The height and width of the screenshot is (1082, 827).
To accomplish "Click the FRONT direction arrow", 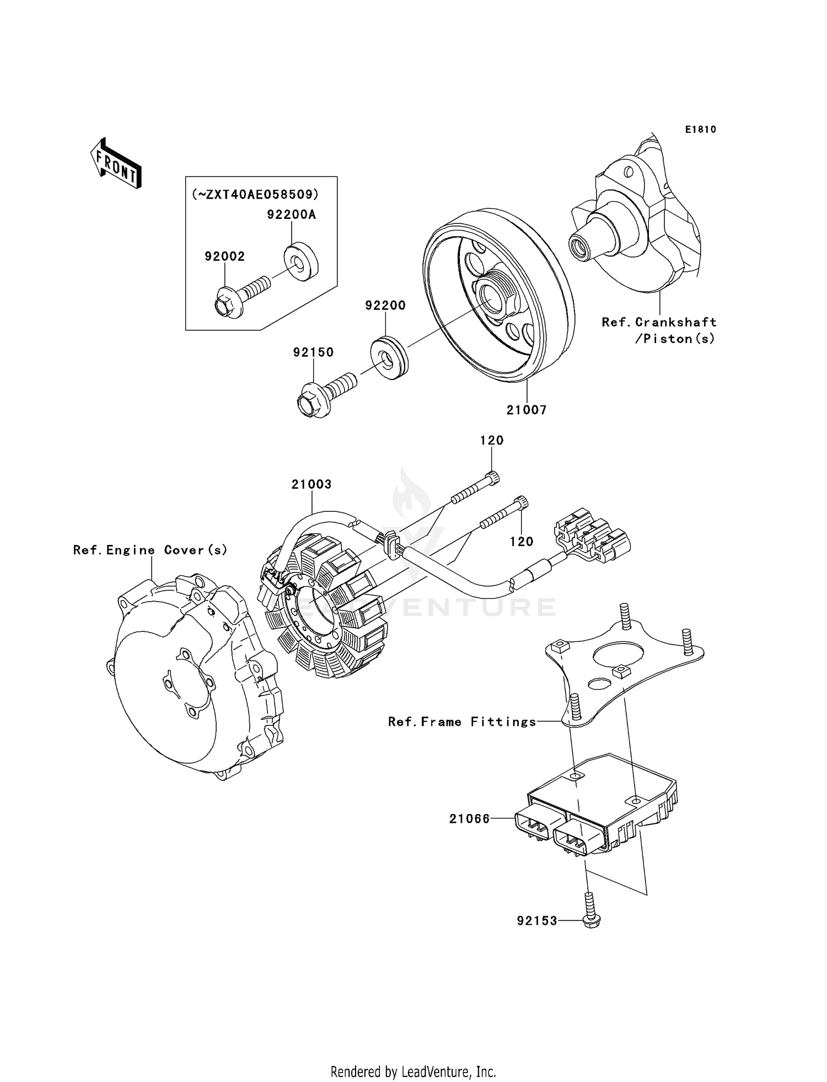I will point(116,164).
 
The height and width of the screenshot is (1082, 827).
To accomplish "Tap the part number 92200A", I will point(291,215).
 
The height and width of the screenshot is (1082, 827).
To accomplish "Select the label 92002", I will point(224,256).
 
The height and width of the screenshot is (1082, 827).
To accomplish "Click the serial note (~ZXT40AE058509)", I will point(255,194).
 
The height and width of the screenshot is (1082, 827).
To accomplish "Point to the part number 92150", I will point(313,352).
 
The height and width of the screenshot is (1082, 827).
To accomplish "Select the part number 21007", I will point(527,410).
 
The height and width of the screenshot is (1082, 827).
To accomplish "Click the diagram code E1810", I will point(700,130).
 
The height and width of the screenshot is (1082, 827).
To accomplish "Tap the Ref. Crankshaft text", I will point(659,323).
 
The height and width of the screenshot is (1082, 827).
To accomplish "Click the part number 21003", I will point(312,484).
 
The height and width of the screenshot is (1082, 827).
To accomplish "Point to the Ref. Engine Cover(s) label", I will point(150,550).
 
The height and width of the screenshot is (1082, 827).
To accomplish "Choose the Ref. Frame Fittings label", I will point(461,722).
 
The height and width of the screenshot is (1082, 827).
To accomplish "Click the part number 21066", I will point(469,819).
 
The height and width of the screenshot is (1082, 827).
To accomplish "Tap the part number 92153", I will point(537,921).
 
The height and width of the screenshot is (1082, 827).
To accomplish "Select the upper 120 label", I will point(491,440).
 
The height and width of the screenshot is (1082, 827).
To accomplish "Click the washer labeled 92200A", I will point(301,261).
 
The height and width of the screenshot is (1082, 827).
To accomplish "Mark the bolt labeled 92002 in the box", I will point(240,298).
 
